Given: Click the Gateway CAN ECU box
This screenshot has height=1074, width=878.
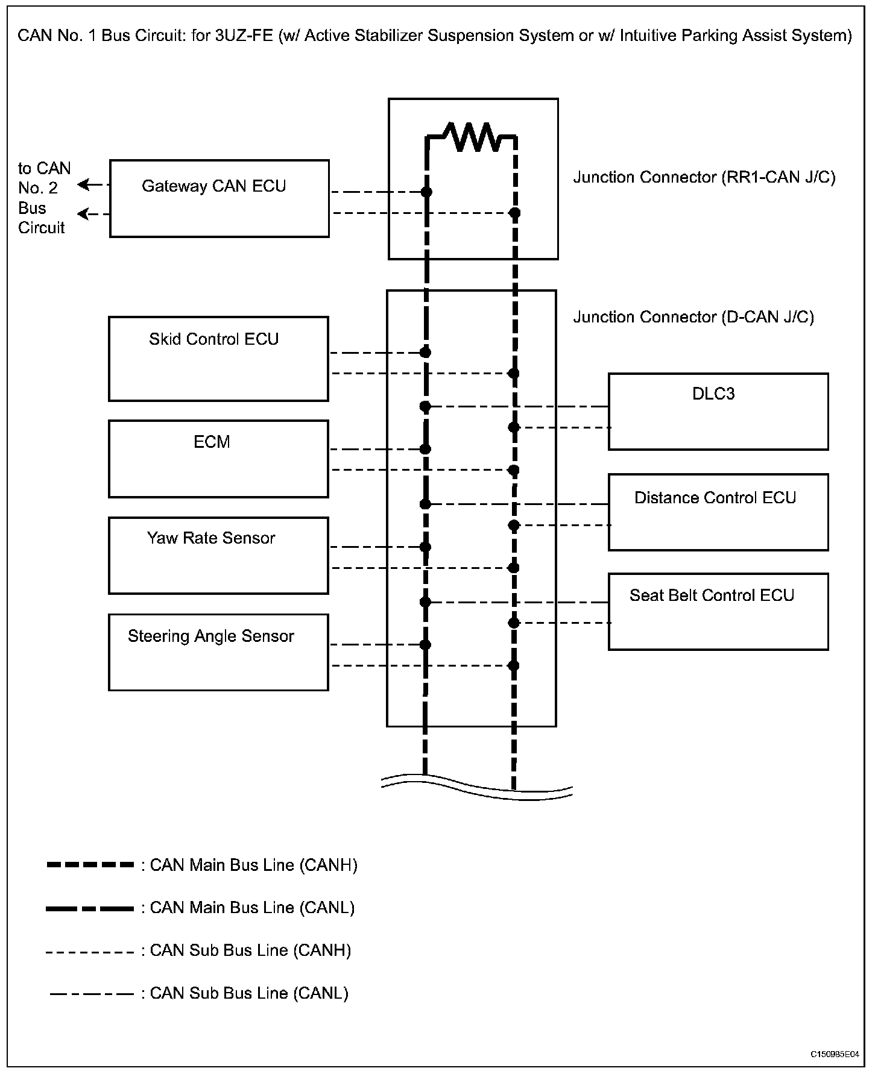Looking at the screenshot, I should pos(219,198).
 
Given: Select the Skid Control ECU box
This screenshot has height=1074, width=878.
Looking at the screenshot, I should pos(218,359).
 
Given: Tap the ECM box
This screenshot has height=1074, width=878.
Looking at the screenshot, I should pos(218,459).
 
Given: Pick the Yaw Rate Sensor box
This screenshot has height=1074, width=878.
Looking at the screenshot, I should pos(218,555).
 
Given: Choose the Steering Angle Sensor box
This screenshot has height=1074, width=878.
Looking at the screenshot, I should pos(218,652).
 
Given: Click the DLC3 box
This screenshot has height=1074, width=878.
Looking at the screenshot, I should pos(718,412).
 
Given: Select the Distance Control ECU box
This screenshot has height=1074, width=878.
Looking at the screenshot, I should pos(718,512).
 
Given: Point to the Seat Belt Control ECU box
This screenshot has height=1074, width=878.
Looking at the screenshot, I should pos(718,611).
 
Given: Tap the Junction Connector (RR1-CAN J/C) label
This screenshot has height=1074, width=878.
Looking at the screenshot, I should pos(704,177).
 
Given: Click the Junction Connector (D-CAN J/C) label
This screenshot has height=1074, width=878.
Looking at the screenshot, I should pos(693,317).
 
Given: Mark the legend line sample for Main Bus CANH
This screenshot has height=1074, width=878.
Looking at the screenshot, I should pos(90,865).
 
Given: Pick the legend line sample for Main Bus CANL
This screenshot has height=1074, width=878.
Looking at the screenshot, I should pos(90,908).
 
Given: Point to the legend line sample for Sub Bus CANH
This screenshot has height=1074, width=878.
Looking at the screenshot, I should pos(90,952).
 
